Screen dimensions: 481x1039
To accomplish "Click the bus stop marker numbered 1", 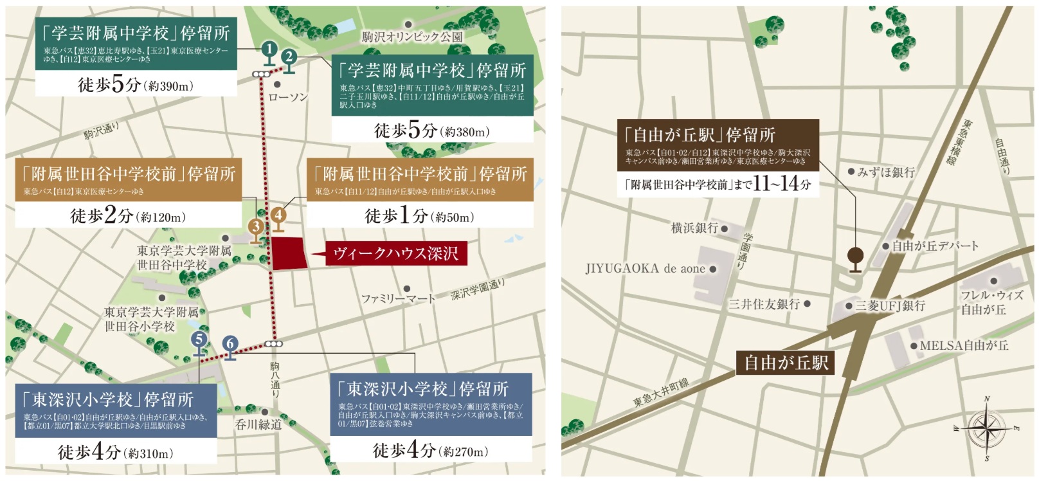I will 269,50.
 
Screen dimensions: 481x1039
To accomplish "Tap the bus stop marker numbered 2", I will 289,58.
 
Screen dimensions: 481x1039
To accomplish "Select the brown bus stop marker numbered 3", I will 257,227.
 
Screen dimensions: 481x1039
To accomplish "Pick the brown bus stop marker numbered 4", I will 278,215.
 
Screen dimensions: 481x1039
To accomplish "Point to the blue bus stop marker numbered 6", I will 230,345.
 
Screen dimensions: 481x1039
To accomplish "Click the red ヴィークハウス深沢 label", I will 396,253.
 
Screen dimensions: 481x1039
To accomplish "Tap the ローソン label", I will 288,97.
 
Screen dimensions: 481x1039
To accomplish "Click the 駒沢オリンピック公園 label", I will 412,37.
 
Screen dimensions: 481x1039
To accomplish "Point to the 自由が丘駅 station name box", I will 786,363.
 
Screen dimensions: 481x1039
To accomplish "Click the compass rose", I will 987,428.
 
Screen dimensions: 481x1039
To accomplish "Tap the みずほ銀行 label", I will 886,172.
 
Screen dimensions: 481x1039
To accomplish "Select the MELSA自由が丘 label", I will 964,345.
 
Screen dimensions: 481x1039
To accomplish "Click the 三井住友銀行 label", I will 764,304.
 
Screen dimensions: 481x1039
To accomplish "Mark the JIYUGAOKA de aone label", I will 646,269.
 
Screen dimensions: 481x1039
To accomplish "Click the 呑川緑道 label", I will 258,424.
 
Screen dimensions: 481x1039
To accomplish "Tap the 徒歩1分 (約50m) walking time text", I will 419,216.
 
